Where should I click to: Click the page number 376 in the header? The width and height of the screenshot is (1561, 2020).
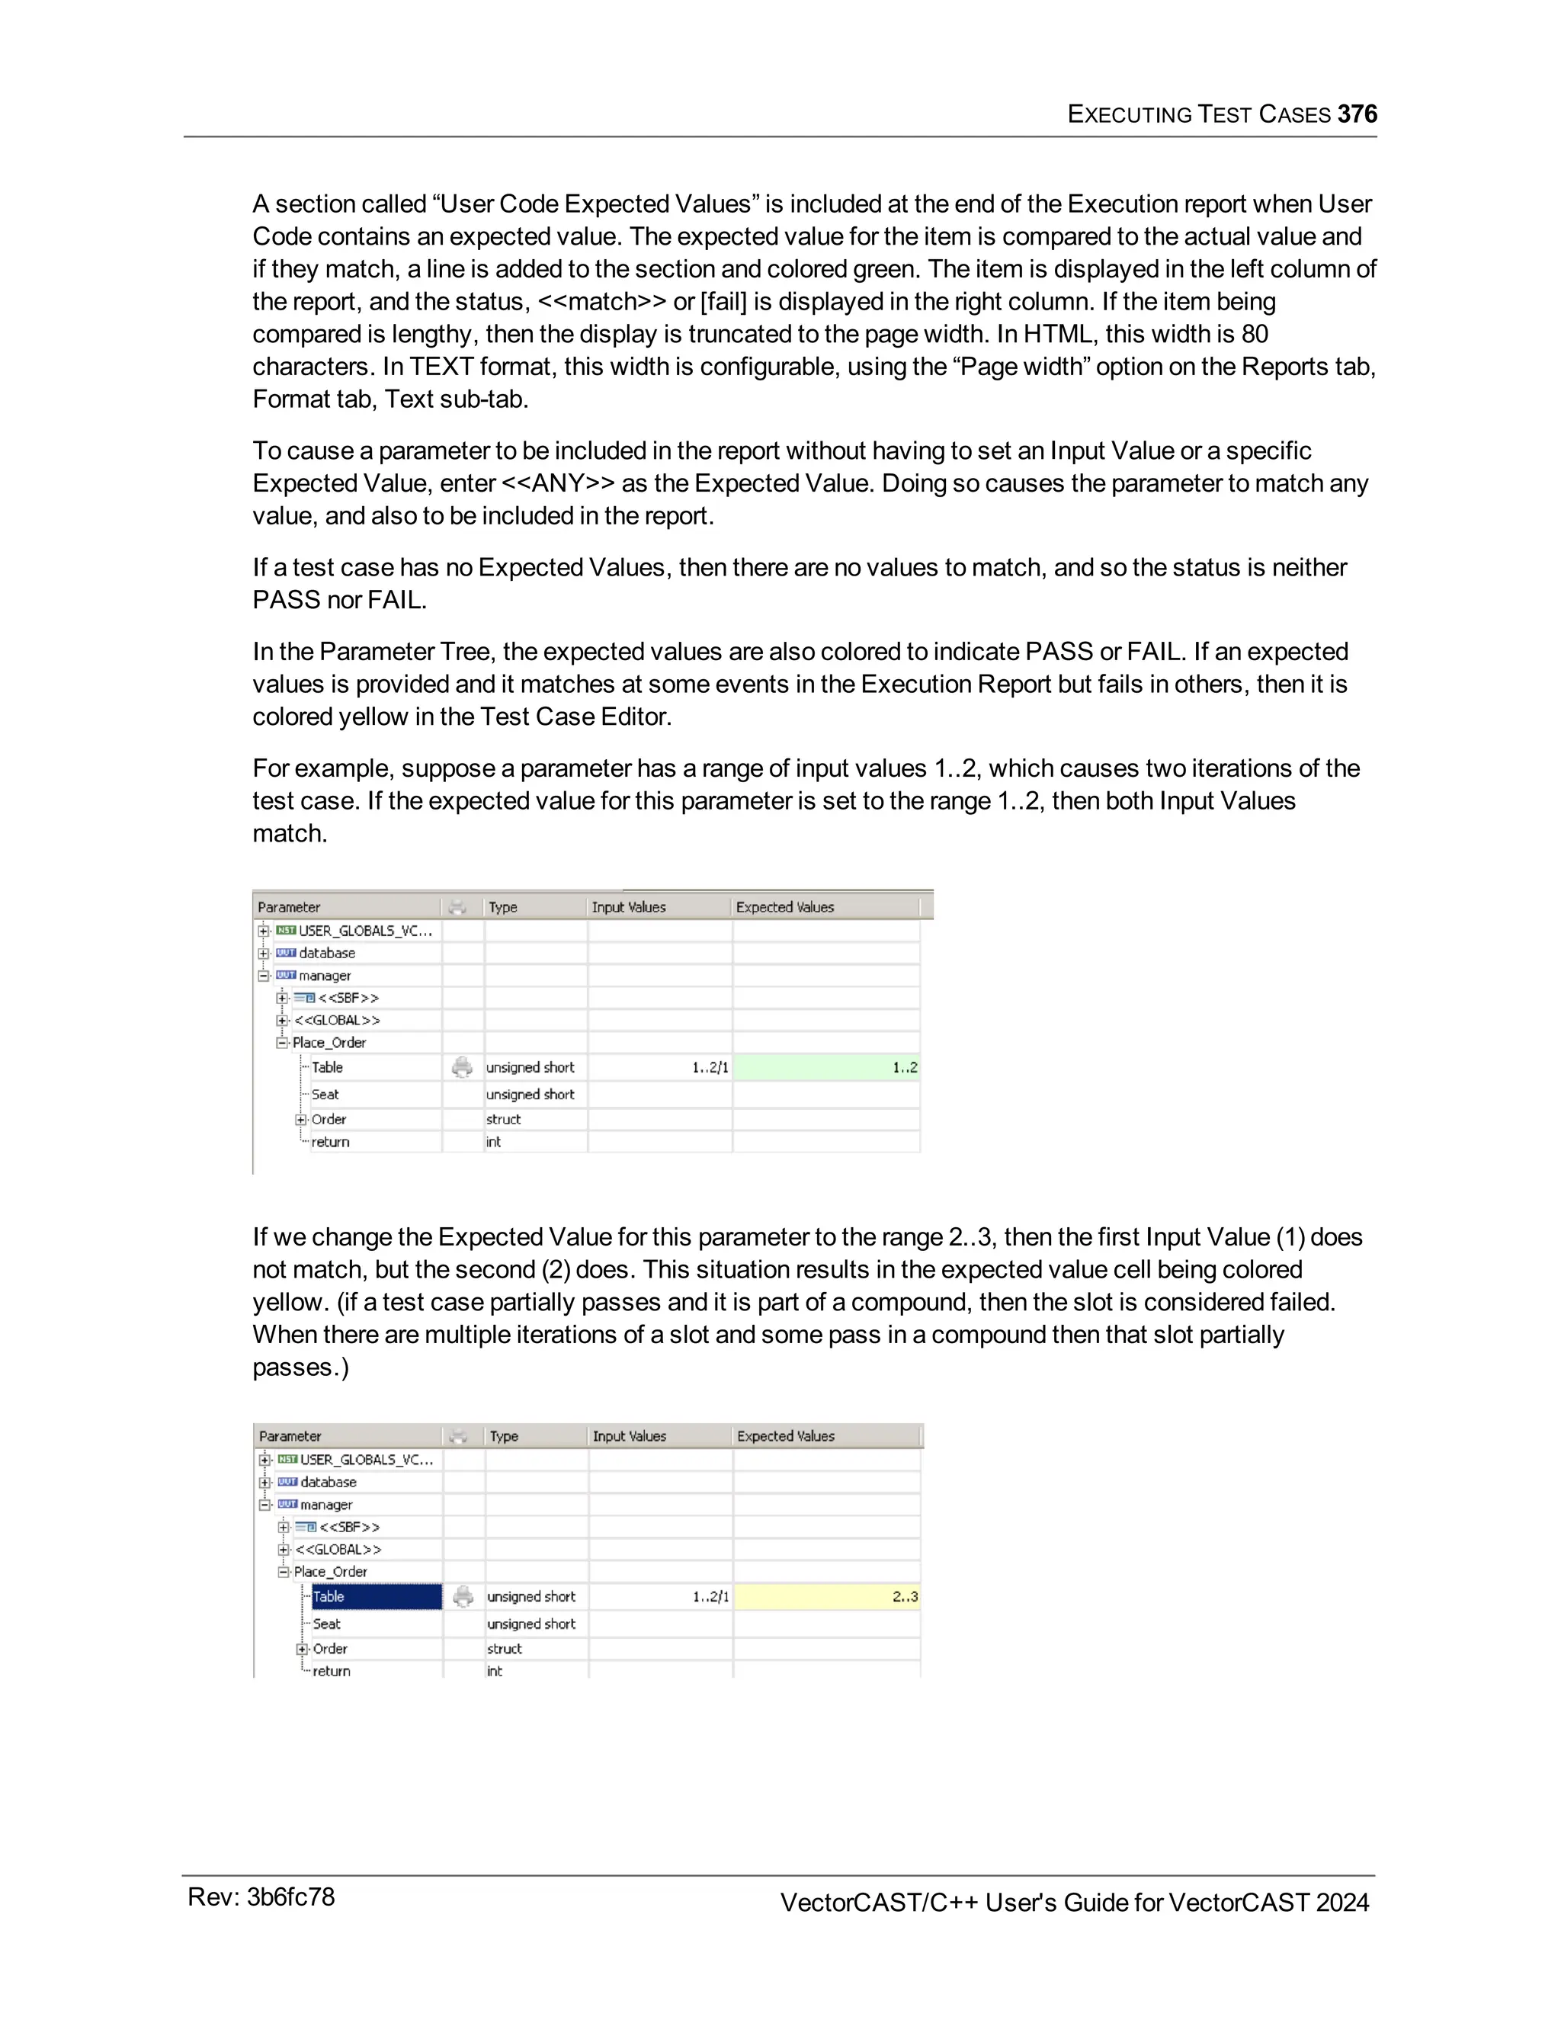coord(1357,114)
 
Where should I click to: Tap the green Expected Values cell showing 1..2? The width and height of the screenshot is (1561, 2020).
coord(825,1067)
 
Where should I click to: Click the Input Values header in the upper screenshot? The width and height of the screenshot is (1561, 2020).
coord(629,907)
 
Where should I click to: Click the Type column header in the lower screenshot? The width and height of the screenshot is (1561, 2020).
coord(504,1436)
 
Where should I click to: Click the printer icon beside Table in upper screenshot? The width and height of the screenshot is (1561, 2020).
coord(461,1067)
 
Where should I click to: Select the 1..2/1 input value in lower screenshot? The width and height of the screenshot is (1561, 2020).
coord(710,1596)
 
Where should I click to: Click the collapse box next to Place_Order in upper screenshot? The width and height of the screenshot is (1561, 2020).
coord(282,1042)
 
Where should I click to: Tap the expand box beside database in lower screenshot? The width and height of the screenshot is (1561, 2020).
coord(265,1482)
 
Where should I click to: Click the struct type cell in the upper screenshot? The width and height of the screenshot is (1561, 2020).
coord(504,1119)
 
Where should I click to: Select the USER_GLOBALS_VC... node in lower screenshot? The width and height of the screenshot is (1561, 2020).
coord(366,1460)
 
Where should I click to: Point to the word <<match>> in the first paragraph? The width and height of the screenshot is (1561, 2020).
coord(602,302)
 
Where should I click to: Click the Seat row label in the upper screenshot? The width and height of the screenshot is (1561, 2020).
coord(325,1094)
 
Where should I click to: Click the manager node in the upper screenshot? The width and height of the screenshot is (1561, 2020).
coord(325,976)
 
